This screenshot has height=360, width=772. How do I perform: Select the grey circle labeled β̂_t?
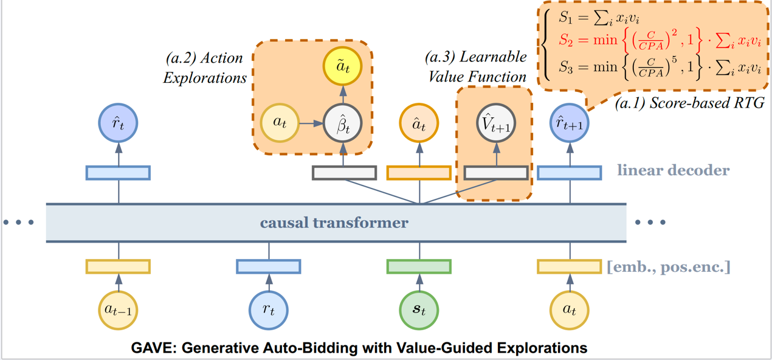[343, 123]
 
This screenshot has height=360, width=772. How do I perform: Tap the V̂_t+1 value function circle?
[496, 123]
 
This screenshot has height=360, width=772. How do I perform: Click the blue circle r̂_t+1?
[570, 123]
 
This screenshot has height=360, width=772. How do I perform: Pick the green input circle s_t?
[419, 310]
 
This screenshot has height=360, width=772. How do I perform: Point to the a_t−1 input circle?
[118, 310]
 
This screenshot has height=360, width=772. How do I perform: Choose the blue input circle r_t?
[269, 310]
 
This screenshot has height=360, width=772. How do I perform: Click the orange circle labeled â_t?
[419, 123]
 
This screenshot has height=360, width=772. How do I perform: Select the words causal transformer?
[334, 223]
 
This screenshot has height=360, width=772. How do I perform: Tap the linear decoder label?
[673, 170]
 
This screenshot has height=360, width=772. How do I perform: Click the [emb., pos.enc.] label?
[668, 266]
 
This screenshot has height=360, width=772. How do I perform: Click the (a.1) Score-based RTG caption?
[689, 103]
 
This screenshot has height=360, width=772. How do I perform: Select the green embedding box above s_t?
[419, 266]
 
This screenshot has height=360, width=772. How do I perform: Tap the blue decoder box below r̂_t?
[118, 173]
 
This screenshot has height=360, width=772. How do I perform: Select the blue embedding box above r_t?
[268, 266]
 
